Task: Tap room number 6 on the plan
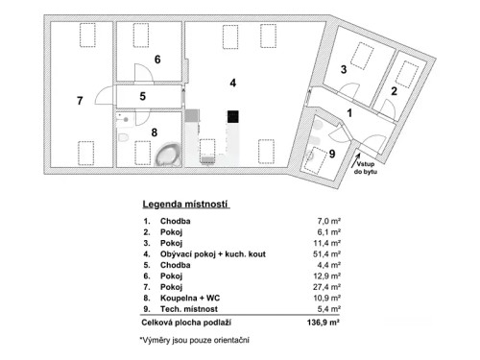click(x=156, y=60)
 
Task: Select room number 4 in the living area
click(x=232, y=84)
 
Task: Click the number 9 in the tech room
click(x=332, y=154)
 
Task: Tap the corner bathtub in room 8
click(x=169, y=155)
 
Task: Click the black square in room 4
click(x=232, y=117)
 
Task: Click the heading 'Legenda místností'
click(x=186, y=205)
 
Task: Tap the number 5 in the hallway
click(x=141, y=96)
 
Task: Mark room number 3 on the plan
click(x=343, y=70)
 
